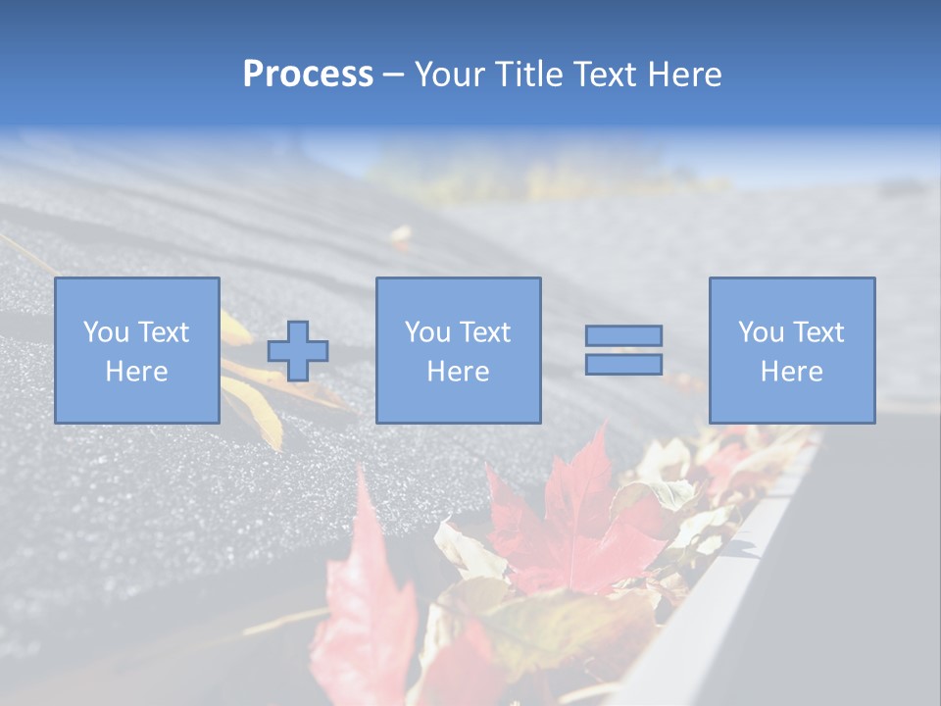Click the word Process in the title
point(308,75)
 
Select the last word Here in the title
point(686,75)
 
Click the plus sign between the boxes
point(298,351)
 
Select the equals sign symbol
point(623,350)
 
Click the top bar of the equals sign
point(623,336)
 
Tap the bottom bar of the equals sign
point(623,364)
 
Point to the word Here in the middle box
point(458,372)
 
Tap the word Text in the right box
point(818,332)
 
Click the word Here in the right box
point(792,372)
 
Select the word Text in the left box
point(163,332)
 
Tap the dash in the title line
point(394,75)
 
